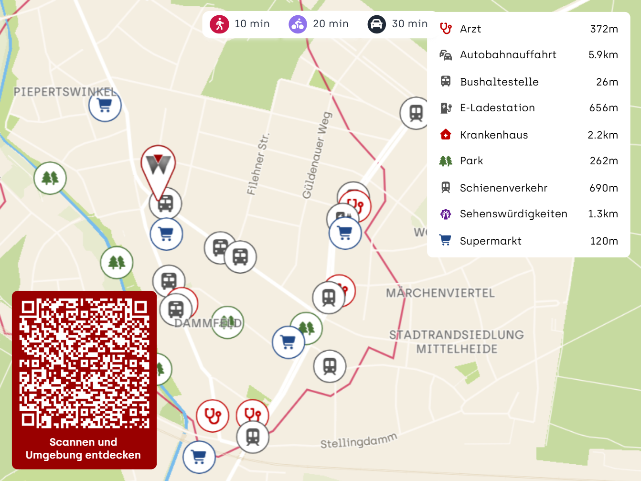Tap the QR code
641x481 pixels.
[84, 363]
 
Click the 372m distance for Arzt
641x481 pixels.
[604, 29]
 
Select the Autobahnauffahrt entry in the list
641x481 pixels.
[508, 55]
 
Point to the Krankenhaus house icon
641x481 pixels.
[446, 135]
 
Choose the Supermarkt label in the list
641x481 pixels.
[491, 241]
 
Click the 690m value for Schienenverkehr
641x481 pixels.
[603, 188]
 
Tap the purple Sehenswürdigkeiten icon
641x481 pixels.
[446, 214]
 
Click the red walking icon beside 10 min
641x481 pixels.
[219, 24]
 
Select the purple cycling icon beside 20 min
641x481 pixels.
[298, 24]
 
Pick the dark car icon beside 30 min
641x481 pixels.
[376, 24]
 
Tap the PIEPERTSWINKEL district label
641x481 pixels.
[65, 92]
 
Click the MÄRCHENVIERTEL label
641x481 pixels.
[440, 293]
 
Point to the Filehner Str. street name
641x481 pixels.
[258, 164]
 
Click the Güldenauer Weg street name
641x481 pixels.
[317, 155]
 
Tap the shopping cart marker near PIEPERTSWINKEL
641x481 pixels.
[105, 105]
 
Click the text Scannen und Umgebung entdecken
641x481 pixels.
[83, 449]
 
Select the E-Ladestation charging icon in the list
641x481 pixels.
[446, 108]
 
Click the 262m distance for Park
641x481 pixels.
[604, 161]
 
